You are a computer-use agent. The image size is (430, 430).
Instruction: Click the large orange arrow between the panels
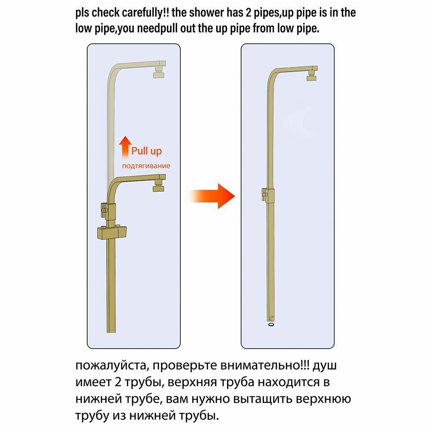[x=212, y=196]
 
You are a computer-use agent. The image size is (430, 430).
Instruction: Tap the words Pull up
[x=147, y=151]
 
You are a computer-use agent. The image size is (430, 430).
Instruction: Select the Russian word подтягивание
[x=146, y=166]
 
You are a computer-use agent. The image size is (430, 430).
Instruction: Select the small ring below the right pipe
[x=271, y=324]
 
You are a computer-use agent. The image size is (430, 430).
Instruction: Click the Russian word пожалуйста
[x=112, y=366]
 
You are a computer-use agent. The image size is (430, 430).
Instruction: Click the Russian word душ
[x=325, y=366]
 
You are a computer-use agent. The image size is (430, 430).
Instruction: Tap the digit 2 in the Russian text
[x=118, y=382]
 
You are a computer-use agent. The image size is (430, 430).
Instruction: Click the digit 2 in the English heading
[x=249, y=12]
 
